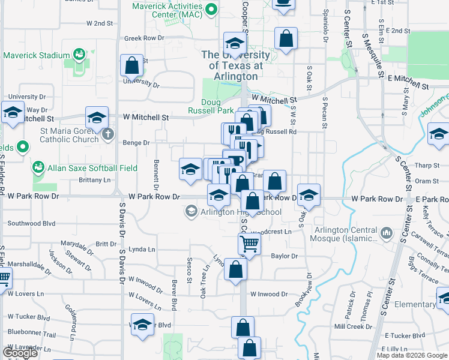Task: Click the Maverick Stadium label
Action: click(x=37, y=56)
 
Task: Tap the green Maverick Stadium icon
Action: click(x=79, y=55)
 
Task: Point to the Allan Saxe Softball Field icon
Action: click(x=38, y=166)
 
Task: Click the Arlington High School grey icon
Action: click(x=191, y=211)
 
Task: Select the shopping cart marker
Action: click(x=249, y=244)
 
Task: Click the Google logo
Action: click(x=20, y=353)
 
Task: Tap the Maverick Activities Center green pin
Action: click(x=211, y=10)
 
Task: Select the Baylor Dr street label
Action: click(x=284, y=256)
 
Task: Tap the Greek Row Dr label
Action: click(x=144, y=38)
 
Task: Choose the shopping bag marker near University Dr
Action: click(x=131, y=67)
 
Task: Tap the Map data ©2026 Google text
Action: click(x=412, y=355)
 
